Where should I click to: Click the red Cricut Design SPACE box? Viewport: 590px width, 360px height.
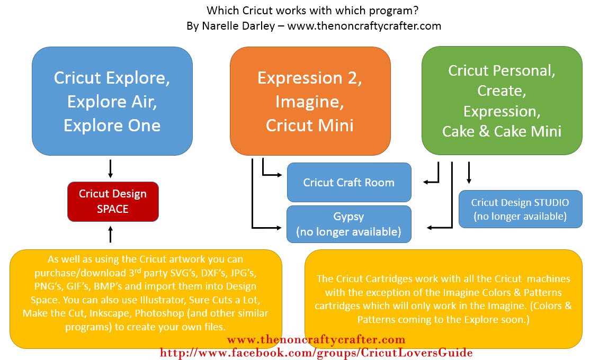[113, 201]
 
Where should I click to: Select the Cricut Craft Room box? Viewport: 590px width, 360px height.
[348, 183]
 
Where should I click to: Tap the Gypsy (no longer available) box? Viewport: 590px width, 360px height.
[348, 224]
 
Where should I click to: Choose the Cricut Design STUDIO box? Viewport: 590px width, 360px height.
[520, 209]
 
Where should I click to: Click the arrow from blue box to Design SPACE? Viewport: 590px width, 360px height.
[110, 168]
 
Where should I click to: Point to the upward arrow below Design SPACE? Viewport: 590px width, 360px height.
[110, 233]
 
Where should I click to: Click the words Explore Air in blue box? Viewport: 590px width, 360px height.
[112, 102]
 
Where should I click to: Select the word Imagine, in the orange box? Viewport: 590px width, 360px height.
[310, 102]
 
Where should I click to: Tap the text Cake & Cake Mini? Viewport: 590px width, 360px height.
[502, 131]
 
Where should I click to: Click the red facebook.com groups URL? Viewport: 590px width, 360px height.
[316, 352]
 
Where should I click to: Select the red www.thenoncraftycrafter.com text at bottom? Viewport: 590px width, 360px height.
[316, 339]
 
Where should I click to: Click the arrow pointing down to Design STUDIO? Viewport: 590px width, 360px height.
[469, 174]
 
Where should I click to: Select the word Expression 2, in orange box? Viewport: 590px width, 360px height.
[310, 78]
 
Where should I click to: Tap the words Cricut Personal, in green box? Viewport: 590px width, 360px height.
[501, 70]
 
